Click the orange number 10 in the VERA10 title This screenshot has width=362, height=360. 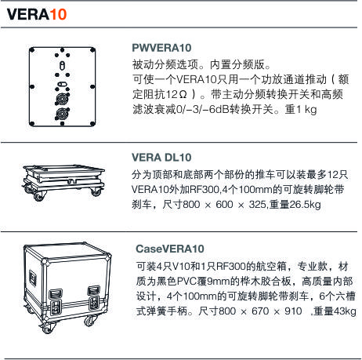tap(58, 14)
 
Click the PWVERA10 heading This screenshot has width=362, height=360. tap(161, 48)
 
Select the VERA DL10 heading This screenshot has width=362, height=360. tap(161, 158)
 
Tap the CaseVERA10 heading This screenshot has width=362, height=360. tap(170, 249)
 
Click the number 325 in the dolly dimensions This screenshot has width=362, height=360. tap(257, 205)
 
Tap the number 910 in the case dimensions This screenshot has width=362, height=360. tap(293, 311)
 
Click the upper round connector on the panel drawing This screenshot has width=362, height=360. tap(62, 98)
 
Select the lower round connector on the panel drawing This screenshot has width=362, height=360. tap(62, 114)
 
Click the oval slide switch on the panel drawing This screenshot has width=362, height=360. tap(62, 85)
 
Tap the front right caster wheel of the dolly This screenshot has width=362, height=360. tap(96, 192)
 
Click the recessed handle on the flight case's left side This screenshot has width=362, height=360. tap(33, 278)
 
